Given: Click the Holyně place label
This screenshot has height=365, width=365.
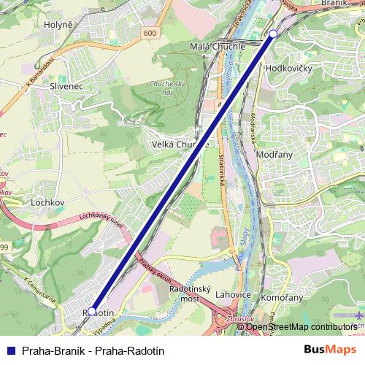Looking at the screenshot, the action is pyautogui.click(x=58, y=24).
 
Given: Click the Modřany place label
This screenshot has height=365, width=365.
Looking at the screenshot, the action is pyautogui.click(x=275, y=155).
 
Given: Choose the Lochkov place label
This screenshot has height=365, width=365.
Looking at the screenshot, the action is pyautogui.click(x=49, y=201).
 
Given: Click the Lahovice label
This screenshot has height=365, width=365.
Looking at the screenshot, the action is pyautogui.click(x=234, y=294).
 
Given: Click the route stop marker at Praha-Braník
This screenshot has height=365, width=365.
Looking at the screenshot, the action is pyautogui.click(x=273, y=34).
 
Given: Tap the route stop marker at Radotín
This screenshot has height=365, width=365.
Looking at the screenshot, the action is pyautogui.click(x=92, y=311).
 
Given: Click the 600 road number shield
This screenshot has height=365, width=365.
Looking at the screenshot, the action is pyautogui.click(x=150, y=33).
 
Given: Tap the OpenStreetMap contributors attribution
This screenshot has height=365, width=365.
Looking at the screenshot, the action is pyautogui.click(x=301, y=327).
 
